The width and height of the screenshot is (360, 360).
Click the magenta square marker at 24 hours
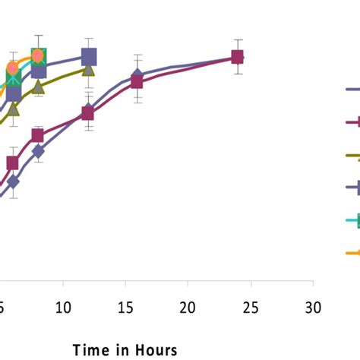coord(237,57)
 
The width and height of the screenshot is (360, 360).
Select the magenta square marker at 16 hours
coord(137,81)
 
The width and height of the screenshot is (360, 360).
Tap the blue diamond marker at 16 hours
coord(137,75)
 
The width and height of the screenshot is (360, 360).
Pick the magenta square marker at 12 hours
coord(87,114)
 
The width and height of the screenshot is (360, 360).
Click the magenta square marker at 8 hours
coord(37,136)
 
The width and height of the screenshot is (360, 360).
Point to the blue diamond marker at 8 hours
coord(38,152)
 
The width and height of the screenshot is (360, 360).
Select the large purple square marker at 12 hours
coord(89,56)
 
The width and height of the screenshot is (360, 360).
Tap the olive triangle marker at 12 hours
coord(88,70)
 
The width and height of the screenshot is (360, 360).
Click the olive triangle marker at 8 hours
coord(38,87)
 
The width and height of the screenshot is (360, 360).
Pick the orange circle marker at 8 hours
coord(38,55)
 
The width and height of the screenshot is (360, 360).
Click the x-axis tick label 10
coord(63,308)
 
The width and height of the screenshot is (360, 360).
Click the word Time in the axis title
coord(91,349)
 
